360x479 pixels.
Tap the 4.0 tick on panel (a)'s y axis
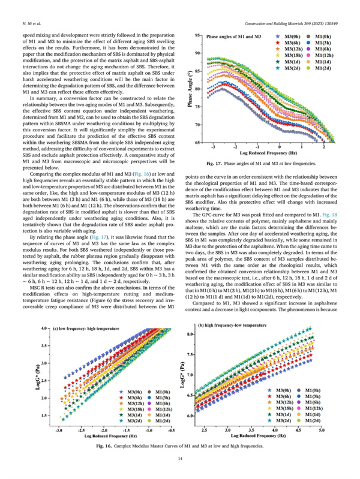click(44, 330)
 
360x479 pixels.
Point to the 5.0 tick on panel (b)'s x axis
click(321, 430)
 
